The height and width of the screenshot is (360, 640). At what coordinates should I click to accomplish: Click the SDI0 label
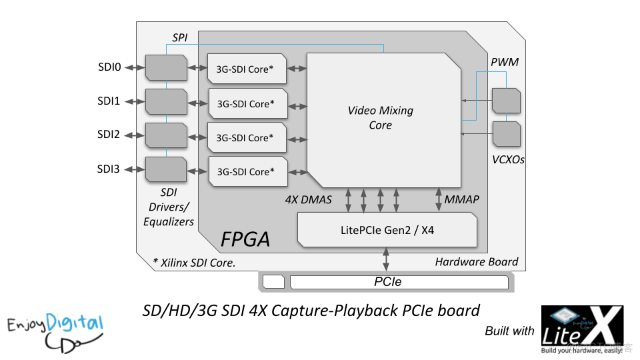point(109,67)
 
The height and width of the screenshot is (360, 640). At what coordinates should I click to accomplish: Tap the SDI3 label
point(109,169)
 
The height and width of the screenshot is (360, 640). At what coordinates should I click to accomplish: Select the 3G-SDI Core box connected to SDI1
point(247,103)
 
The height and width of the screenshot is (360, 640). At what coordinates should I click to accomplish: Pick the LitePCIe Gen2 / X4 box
point(387,230)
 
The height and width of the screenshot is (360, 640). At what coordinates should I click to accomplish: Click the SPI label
point(179,38)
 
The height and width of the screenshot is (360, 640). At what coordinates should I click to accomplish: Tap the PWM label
point(505,62)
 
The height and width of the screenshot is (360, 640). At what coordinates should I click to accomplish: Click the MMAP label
point(462,199)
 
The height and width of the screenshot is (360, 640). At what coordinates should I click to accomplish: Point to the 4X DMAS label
point(308,199)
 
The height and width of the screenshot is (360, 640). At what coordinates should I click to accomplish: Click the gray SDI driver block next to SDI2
point(165,135)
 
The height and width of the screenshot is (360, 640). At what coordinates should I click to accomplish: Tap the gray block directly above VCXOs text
point(506,134)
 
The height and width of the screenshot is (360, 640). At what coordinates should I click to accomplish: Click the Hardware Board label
point(476,261)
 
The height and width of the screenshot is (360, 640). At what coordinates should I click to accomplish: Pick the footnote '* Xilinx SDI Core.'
point(194,263)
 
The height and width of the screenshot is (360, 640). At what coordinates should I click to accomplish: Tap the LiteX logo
point(581,331)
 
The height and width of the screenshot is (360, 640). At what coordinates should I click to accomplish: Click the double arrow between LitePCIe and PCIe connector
point(387,260)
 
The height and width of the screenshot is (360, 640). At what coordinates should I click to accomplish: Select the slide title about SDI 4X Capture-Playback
point(311,311)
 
